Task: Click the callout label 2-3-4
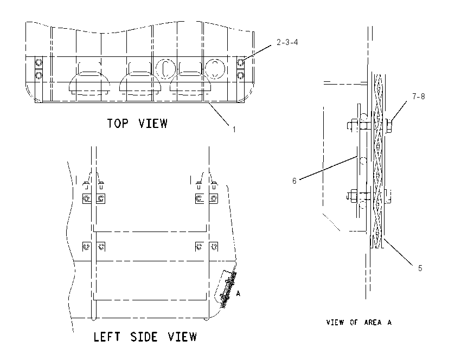tap(287, 42)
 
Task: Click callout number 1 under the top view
tap(234, 130)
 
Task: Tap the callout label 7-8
tap(418, 97)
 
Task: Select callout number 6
tap(294, 181)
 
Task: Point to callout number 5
tap(420, 268)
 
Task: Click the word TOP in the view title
tap(118, 124)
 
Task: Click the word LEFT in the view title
tap(107, 337)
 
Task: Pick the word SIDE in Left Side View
tap(144, 337)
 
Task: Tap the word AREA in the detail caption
tap(373, 323)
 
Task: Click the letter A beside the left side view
tap(238, 293)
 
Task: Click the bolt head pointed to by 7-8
tap(389, 126)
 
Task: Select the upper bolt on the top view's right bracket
tap(240, 62)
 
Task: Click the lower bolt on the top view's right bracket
tap(240, 75)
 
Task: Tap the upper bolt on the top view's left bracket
tap(39, 62)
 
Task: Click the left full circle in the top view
tap(165, 69)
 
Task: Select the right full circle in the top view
tap(215, 69)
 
